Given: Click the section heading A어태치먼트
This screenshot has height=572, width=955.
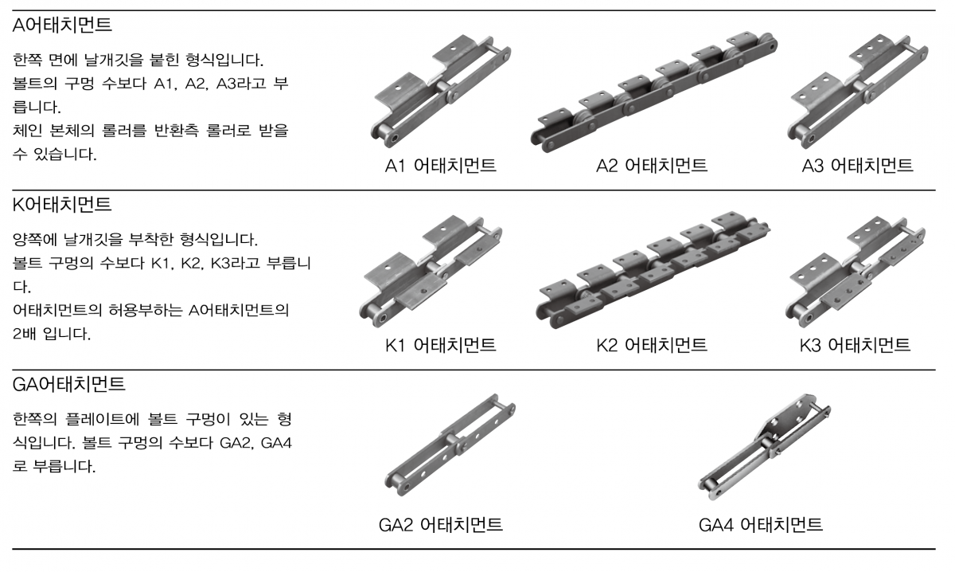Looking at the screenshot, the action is tap(62, 25).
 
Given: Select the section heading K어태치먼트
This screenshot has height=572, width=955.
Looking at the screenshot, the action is tap(62, 205).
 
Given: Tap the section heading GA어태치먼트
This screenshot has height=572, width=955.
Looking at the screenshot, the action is tap(69, 384).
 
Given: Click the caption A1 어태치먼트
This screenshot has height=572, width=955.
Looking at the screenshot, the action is tap(440, 166).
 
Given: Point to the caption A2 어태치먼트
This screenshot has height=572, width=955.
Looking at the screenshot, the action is tap(652, 166).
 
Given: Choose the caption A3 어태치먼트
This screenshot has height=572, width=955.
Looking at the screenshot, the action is tap(857, 166).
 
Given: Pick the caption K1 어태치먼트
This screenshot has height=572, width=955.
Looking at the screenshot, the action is tap(440, 345).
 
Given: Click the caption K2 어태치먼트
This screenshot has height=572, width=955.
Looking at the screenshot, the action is tap(652, 345).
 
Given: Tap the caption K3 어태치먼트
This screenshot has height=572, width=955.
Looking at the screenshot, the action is tap(855, 345).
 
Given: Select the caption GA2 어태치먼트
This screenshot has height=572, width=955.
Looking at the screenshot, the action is tap(440, 525).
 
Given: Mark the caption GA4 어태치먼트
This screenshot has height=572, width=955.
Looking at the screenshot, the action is tap(761, 525).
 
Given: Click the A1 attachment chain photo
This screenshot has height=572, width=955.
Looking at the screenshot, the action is tap(440, 92).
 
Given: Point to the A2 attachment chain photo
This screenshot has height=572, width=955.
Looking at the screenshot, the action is tap(654, 92).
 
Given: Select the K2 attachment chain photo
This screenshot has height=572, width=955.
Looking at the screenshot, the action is tap(653, 270).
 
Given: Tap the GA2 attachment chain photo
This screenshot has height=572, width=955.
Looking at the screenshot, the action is tap(450, 445).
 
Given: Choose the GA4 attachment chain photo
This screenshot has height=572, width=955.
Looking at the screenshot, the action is tap(764, 446).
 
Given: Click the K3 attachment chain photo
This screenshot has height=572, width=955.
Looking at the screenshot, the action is tap(856, 272).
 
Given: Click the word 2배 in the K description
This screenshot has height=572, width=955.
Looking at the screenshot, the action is tap(25, 333).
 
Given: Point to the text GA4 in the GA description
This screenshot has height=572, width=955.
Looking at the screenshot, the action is tap(276, 443).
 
